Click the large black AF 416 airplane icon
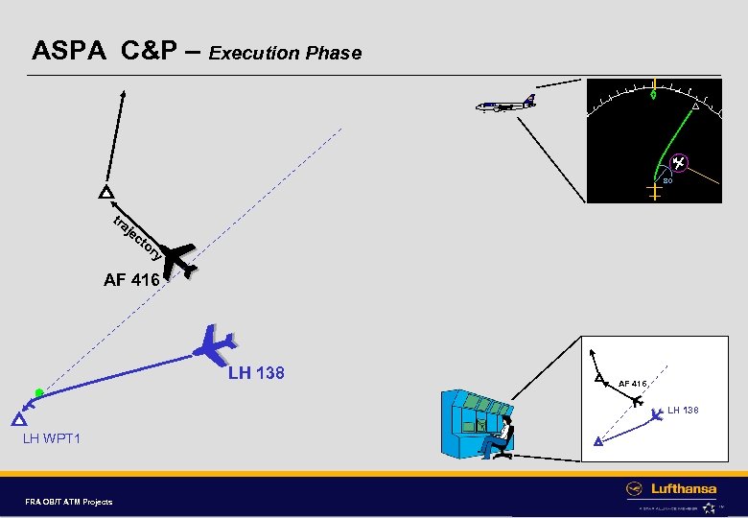(180, 259)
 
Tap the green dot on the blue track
(38, 392)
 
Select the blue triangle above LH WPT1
(17, 420)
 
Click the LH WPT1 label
(52, 439)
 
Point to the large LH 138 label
(256, 372)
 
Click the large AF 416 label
(133, 281)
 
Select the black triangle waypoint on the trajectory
(105, 192)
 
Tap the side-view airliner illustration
(505, 104)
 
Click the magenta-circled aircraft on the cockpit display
(677, 163)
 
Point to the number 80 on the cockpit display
(667, 179)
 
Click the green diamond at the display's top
(654, 94)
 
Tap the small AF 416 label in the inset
(635, 384)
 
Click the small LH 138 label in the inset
(684, 411)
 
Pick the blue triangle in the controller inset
(597, 441)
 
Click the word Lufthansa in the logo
(684, 488)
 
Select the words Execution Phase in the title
(286, 53)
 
